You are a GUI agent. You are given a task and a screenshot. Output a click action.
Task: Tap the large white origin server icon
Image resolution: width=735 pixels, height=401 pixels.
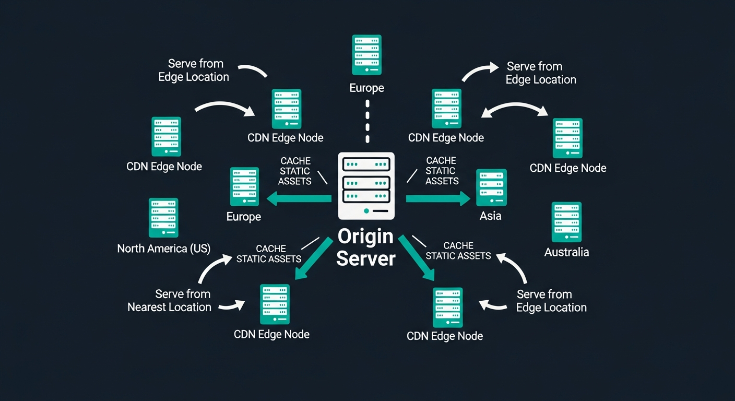(366, 185)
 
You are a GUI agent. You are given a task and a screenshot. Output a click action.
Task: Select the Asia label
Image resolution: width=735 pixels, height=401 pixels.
(490, 216)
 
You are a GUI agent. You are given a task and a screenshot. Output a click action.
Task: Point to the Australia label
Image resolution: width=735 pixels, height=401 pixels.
(566, 252)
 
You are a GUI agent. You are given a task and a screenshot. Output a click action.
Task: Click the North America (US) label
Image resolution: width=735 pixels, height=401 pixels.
(163, 249)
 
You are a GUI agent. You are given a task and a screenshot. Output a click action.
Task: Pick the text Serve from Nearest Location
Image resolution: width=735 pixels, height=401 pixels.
(170, 300)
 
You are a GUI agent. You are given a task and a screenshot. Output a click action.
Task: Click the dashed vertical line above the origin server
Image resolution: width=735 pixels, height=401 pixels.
(367, 121)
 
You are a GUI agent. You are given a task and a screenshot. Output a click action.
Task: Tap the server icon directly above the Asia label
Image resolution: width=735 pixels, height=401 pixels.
(491, 187)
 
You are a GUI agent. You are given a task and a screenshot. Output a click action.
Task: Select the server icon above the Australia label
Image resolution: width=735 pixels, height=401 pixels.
(566, 221)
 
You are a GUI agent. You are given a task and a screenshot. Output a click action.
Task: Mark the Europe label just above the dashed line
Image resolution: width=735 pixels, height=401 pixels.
(366, 88)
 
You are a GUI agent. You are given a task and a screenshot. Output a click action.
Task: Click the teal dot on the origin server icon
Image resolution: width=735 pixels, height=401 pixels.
(366, 211)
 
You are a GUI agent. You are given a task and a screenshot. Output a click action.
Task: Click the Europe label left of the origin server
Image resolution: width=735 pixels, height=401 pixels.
(244, 216)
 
